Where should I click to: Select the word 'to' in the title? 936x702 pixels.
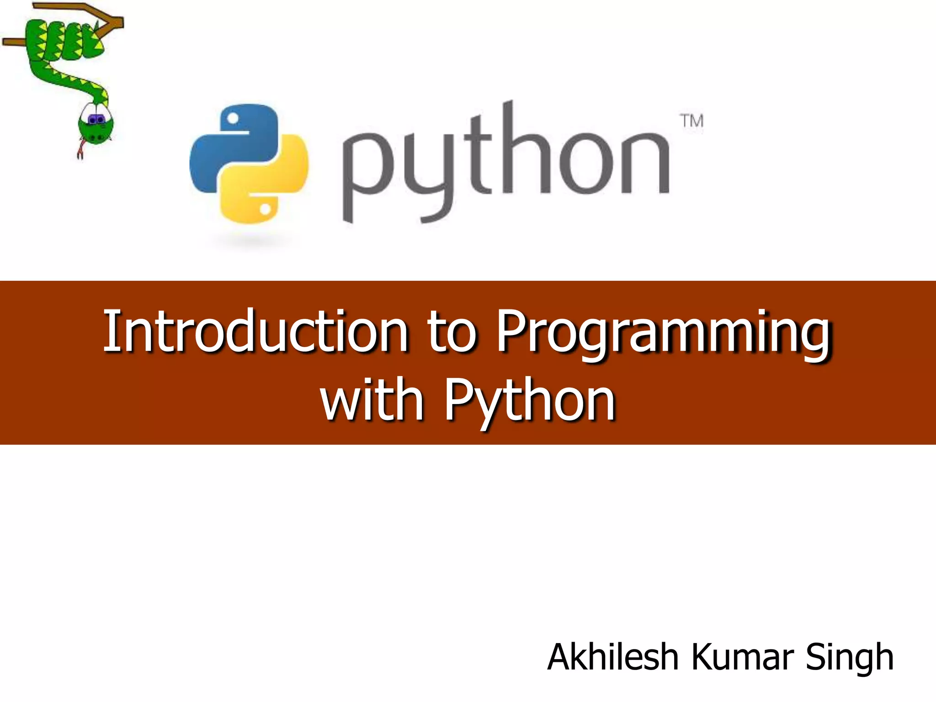tap(452, 332)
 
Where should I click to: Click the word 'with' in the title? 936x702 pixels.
tap(372, 401)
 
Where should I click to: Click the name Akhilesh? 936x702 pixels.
tap(612, 657)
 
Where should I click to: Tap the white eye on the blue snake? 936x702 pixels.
tap(233, 119)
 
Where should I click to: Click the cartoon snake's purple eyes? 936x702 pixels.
tap(96, 120)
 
